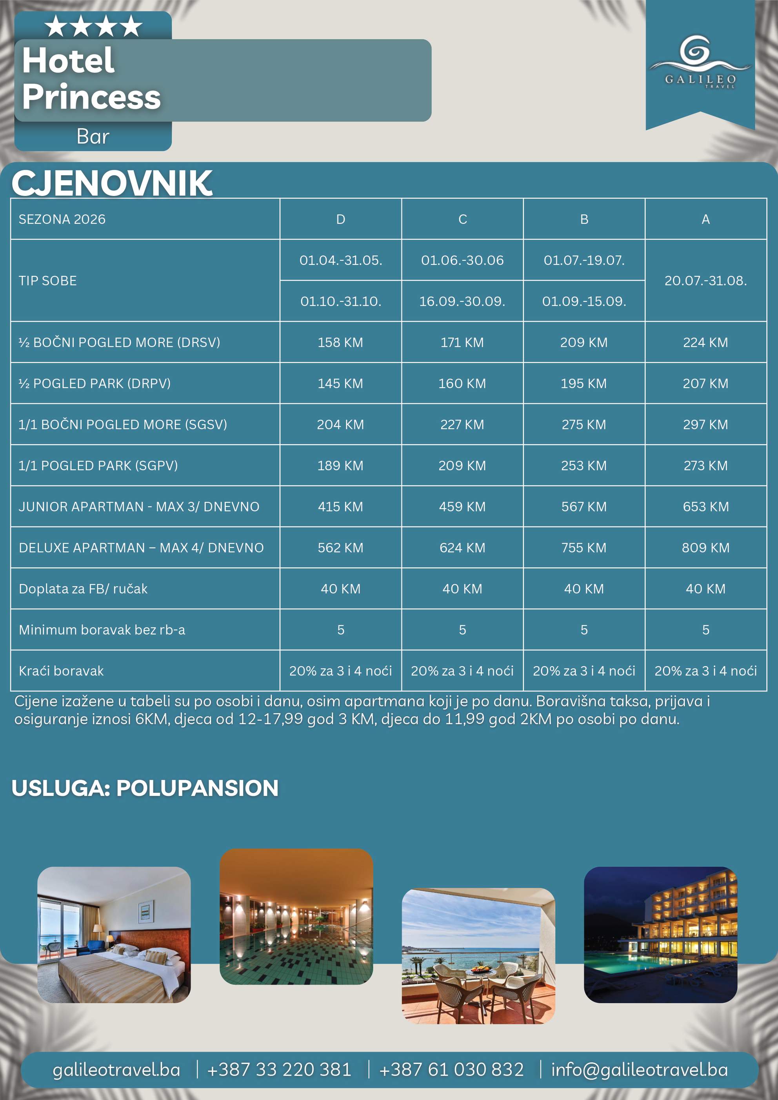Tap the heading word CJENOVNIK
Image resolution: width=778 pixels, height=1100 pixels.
(x=112, y=183)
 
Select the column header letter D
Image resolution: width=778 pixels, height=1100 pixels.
(x=340, y=219)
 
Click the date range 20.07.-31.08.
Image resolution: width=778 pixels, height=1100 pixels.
(x=705, y=281)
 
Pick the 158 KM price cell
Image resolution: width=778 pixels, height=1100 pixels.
(x=340, y=343)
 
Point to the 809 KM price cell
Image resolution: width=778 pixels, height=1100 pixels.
(x=705, y=547)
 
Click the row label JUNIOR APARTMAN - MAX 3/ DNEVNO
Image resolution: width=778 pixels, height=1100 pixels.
(x=139, y=507)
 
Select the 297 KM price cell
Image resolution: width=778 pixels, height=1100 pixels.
(x=705, y=424)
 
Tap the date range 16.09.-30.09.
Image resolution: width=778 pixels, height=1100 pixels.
(x=462, y=301)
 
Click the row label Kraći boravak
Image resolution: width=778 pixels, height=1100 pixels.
(x=61, y=671)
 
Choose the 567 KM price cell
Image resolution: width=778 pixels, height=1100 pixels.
(x=583, y=507)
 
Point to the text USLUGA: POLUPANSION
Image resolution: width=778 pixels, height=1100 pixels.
(x=145, y=788)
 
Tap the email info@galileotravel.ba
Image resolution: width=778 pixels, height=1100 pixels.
(x=639, y=1069)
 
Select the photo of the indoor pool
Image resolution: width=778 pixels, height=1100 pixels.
(x=296, y=917)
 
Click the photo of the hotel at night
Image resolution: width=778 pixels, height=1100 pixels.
(x=660, y=934)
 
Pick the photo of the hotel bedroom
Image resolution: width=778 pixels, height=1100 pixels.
(x=114, y=934)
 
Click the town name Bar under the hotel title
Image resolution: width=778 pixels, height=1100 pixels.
(x=93, y=137)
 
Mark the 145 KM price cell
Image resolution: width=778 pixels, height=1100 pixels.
(x=340, y=384)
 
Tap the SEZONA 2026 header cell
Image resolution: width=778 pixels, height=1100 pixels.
(x=62, y=219)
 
